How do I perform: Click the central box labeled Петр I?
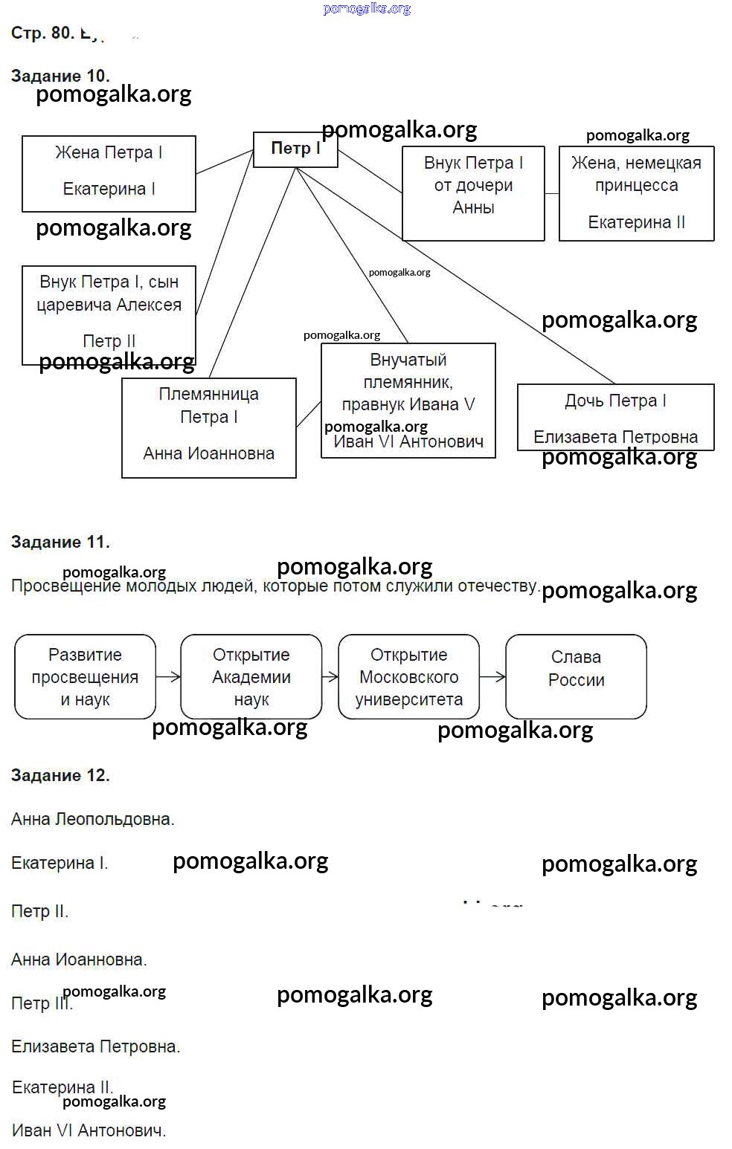pyautogui.click(x=295, y=149)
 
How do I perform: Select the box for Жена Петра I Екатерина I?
pyautogui.click(x=109, y=173)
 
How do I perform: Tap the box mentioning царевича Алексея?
pyautogui.click(x=109, y=314)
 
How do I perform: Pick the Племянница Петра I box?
pyautogui.click(x=208, y=427)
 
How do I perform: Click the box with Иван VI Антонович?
pyautogui.click(x=408, y=400)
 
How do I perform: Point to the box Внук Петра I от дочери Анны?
pyautogui.click(x=473, y=192)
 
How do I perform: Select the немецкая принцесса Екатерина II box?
pyautogui.click(x=636, y=192)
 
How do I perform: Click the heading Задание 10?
pyautogui.click(x=60, y=76)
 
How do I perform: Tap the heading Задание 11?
pyautogui.click(x=60, y=542)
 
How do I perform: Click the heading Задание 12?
pyautogui.click(x=60, y=775)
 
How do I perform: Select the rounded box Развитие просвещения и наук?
pyautogui.click(x=85, y=676)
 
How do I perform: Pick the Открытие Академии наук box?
pyautogui.click(x=251, y=676)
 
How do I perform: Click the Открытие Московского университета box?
pyautogui.click(x=408, y=676)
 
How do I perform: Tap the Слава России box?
pyautogui.click(x=576, y=676)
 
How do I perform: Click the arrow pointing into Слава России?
pyautogui.click(x=492, y=676)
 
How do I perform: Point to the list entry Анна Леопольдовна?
pyautogui.click(x=92, y=819)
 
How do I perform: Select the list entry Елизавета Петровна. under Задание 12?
pyautogui.click(x=95, y=1046)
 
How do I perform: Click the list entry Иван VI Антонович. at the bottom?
pyautogui.click(x=89, y=1130)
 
